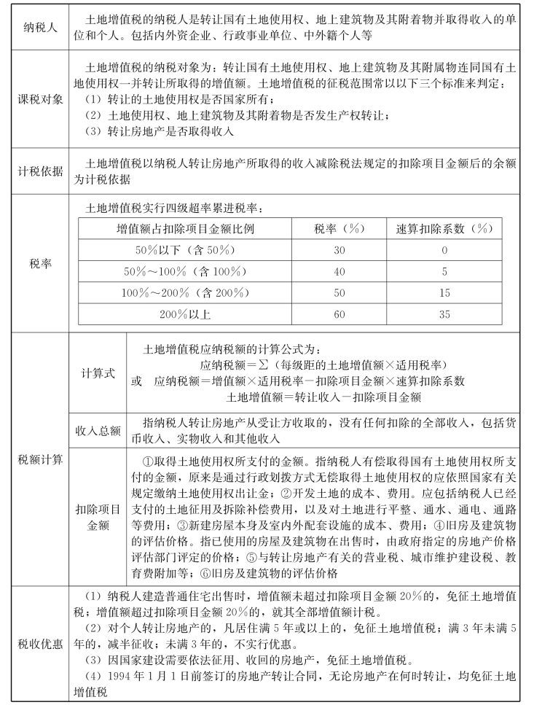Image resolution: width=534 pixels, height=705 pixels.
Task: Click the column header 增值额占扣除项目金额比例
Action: pos(185,229)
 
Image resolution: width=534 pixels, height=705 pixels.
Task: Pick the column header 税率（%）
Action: pos(339,229)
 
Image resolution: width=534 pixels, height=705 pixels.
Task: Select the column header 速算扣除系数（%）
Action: pos(444,229)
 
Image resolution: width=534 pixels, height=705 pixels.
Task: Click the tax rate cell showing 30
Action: pos(339,250)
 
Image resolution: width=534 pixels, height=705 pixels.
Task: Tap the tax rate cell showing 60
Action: pos(339,314)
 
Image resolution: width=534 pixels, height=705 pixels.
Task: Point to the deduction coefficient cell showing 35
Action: pos(444,314)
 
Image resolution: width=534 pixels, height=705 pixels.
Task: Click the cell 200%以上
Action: pos(185,314)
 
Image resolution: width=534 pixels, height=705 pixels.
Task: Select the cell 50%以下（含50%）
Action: pos(185,250)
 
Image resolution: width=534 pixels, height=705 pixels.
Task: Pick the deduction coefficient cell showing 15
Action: pos(444,293)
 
